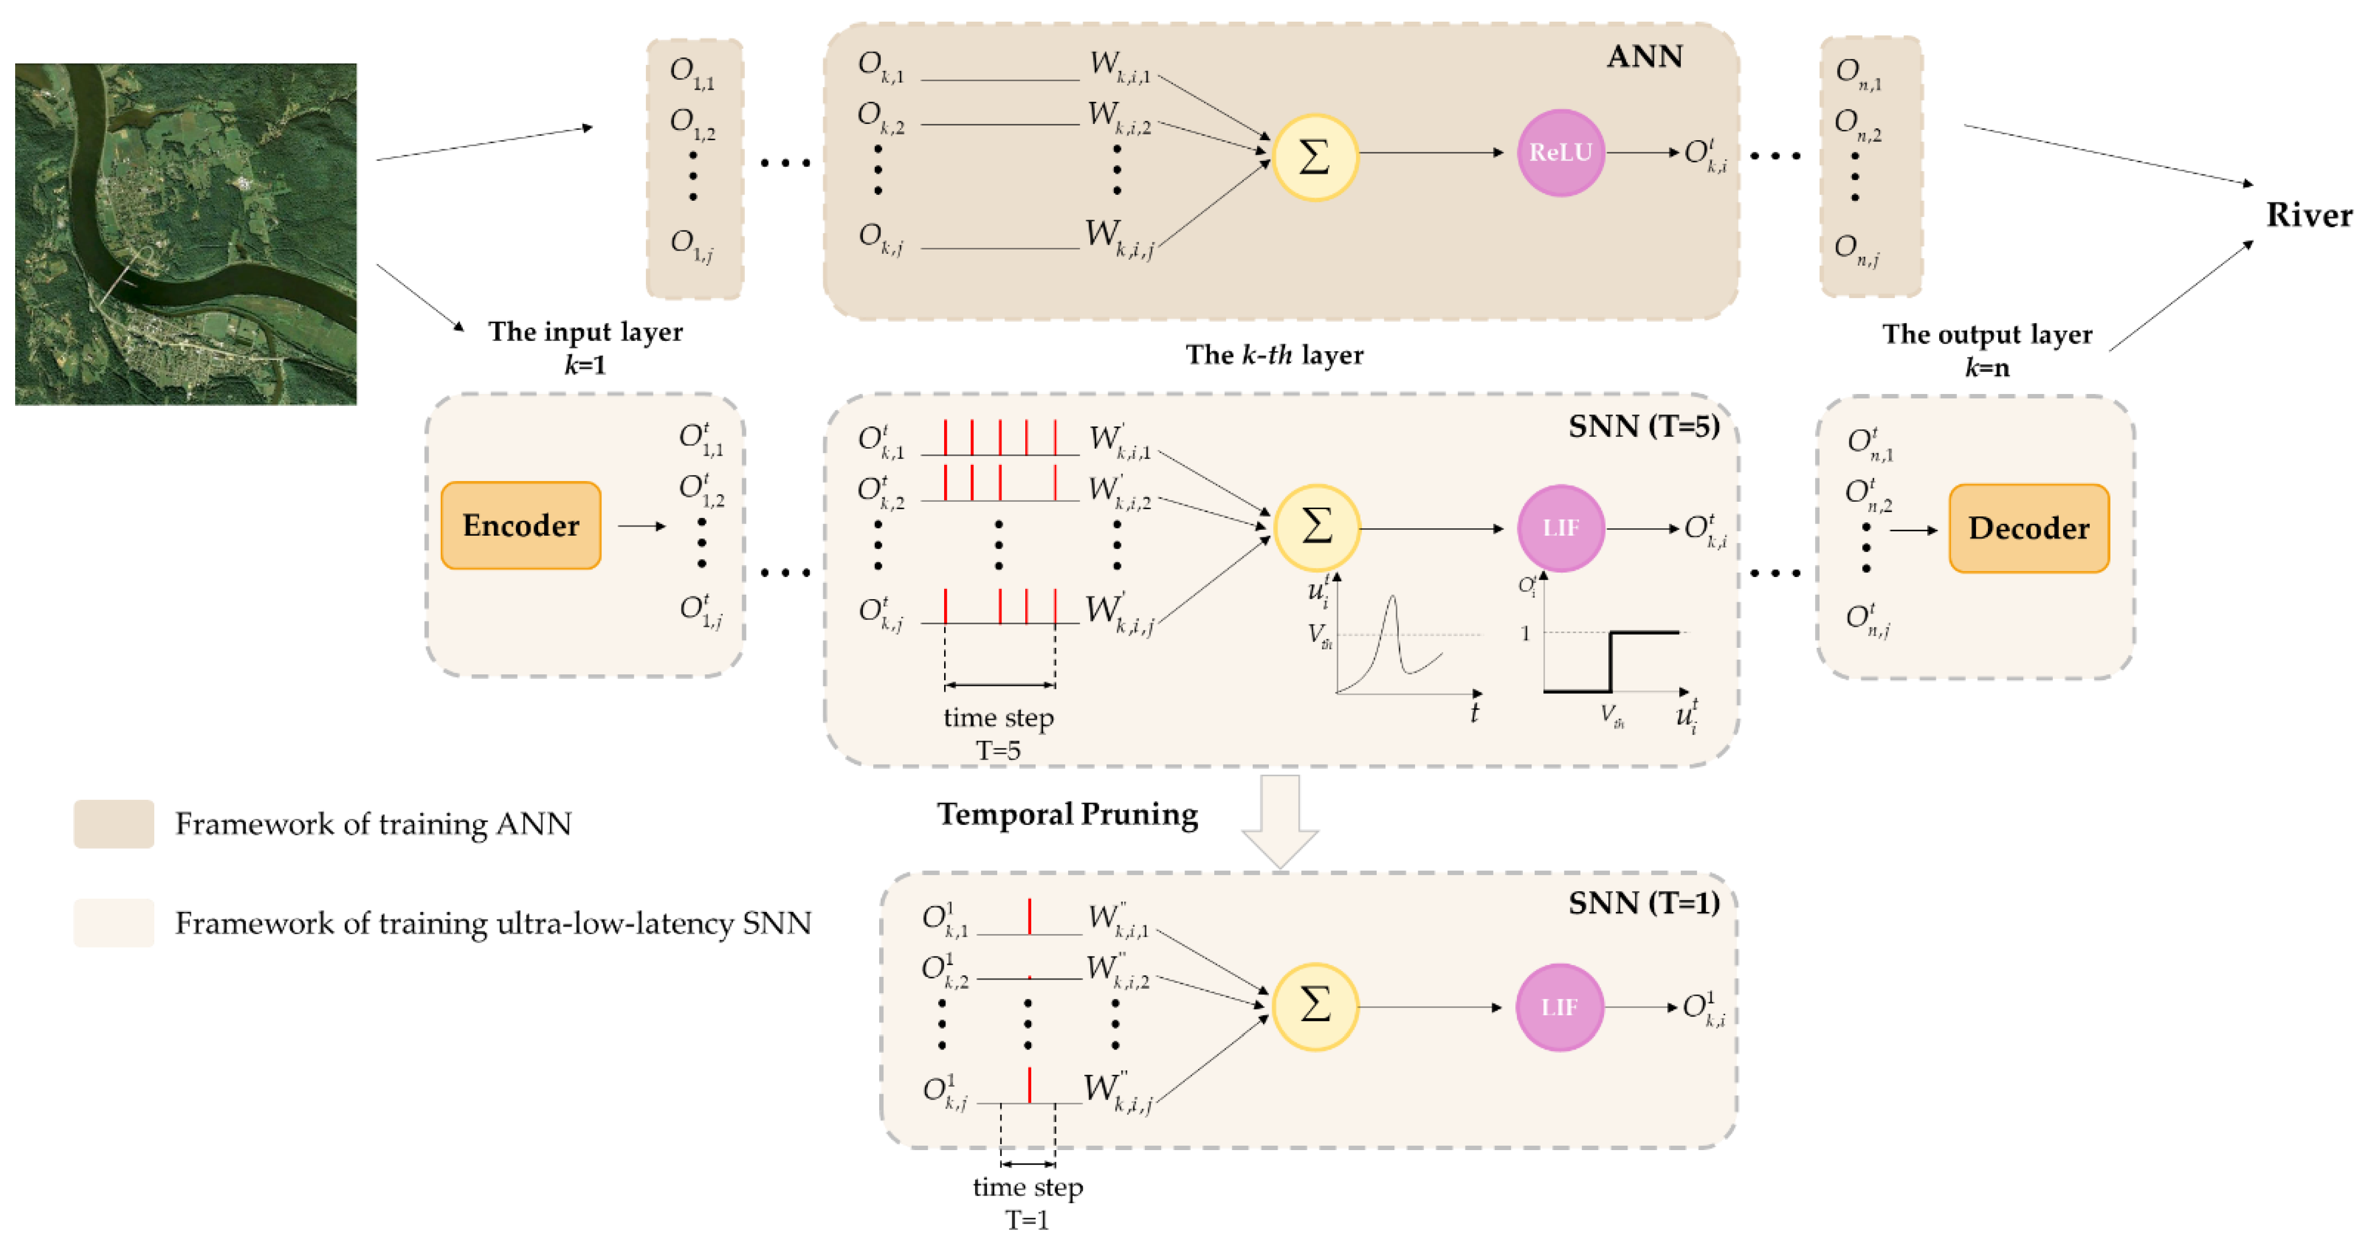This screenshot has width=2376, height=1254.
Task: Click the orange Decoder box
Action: [2028, 528]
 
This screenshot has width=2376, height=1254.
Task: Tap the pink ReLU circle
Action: [1561, 153]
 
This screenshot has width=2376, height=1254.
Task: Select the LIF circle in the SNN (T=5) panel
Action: [1561, 528]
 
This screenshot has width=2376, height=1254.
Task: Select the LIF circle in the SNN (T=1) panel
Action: [1559, 1007]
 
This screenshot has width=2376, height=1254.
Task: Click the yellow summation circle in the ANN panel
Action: [1314, 157]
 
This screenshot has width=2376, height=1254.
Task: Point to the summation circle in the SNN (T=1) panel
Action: [1314, 1006]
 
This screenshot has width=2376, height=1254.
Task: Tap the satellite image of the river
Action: [185, 234]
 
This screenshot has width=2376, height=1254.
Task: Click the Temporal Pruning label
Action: [1067, 814]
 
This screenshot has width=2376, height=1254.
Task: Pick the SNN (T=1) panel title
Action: [1644, 903]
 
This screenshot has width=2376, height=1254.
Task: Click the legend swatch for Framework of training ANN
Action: [114, 823]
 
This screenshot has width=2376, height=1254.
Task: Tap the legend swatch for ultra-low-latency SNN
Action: [114, 923]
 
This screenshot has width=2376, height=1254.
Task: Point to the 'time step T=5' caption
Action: [998, 733]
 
